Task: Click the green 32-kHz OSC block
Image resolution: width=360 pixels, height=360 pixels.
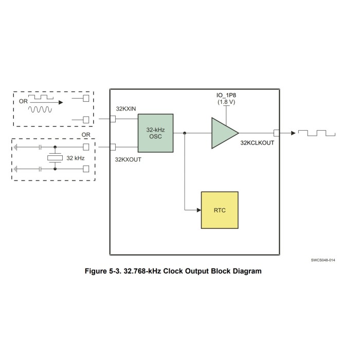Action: [155, 133]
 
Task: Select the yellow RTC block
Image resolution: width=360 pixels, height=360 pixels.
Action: [220, 210]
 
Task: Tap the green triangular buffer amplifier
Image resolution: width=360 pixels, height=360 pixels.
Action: [223, 133]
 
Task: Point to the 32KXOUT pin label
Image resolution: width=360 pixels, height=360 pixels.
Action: [128, 159]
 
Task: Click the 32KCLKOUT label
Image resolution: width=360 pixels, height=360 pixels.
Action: [257, 142]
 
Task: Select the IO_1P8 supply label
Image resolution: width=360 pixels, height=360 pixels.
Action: [226, 96]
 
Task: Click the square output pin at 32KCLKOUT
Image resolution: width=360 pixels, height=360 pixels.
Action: [277, 133]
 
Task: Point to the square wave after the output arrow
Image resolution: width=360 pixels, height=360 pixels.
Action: [319, 133]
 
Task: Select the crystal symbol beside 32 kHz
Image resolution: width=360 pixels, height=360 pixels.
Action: [55, 158]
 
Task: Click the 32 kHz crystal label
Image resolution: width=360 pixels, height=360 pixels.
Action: [76, 158]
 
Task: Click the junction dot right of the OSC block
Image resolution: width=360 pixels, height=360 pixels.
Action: [184, 133]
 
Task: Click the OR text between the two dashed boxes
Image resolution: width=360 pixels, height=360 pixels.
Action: [86, 135]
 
